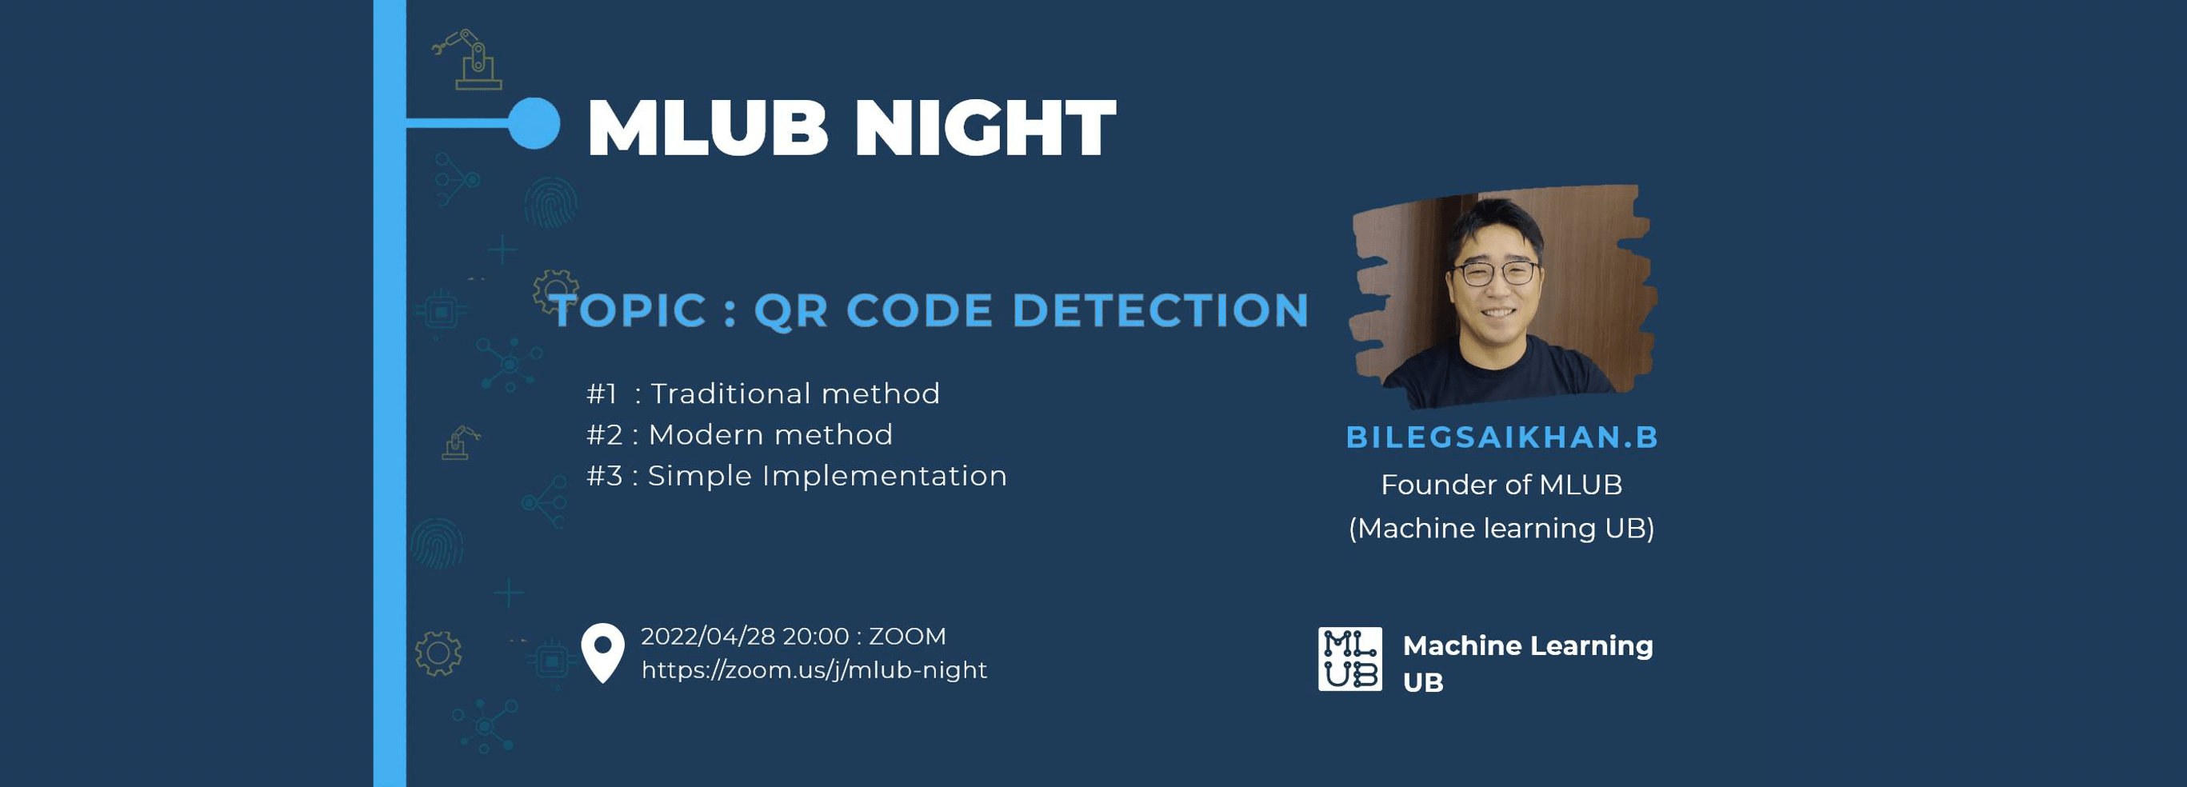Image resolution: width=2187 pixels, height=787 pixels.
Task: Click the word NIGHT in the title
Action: pyautogui.click(x=985, y=128)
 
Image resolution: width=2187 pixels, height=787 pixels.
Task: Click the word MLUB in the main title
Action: pyautogui.click(x=707, y=128)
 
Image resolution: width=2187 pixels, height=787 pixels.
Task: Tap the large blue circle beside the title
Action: pyautogui.click(x=534, y=123)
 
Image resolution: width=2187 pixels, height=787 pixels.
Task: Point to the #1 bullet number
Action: pyautogui.click(x=602, y=394)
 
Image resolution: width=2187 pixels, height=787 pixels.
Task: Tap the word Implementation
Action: pyautogui.click(x=885, y=476)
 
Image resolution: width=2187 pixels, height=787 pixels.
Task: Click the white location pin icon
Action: pyautogui.click(x=603, y=652)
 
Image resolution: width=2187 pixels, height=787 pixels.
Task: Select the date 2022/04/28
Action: pyautogui.click(x=708, y=636)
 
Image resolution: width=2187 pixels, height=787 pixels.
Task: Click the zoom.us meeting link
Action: pyautogui.click(x=814, y=670)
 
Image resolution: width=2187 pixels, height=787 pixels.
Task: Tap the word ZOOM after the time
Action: pyautogui.click(x=907, y=636)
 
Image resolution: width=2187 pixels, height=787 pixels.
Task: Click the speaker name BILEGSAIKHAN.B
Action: pyautogui.click(x=1502, y=437)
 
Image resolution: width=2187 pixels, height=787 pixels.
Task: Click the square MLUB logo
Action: pyautogui.click(x=1350, y=659)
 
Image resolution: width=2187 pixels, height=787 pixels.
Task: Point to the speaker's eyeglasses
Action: pyautogui.click(x=1495, y=274)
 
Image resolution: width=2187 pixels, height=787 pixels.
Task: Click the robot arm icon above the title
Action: pyautogui.click(x=467, y=59)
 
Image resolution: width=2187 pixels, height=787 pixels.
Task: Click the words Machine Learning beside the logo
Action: pyautogui.click(x=1528, y=646)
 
